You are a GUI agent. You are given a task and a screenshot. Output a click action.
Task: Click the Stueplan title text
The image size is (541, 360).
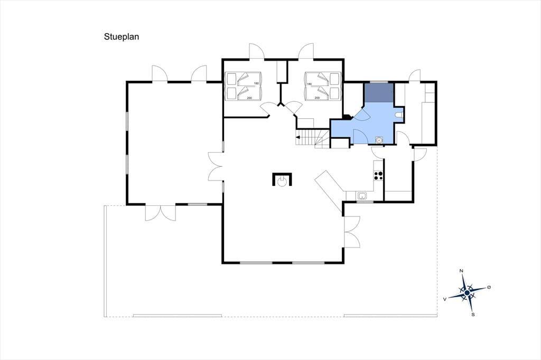pos(122,37)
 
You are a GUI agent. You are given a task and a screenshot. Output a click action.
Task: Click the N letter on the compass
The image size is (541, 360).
pos(461,271)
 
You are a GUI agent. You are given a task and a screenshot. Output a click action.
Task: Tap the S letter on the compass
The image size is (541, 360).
pos(473,315)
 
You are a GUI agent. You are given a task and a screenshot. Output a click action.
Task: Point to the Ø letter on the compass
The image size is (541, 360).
pos(489,287)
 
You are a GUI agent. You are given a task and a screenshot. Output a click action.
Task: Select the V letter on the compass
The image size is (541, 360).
pos(445,299)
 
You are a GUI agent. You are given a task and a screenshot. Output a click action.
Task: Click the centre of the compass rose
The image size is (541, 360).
pos(467,293)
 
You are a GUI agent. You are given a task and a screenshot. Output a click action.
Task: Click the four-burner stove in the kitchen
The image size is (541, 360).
pos(378,176)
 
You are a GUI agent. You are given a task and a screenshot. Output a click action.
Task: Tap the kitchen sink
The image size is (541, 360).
pos(362,196)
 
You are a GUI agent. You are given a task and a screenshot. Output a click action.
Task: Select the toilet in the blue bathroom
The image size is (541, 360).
pos(399,115)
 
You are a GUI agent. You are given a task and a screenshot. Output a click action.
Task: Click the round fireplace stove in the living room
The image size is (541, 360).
pos(283,182)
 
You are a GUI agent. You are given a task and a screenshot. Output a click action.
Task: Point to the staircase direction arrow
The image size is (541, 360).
pos(298,138)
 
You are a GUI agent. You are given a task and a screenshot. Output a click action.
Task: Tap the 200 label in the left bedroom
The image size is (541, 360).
pos(249,98)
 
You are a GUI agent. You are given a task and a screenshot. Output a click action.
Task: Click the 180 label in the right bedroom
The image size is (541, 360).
pos(309,84)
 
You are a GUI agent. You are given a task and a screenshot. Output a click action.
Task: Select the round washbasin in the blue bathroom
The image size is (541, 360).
pos(379,140)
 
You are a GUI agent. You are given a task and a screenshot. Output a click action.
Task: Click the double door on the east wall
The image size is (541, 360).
pos(352,231)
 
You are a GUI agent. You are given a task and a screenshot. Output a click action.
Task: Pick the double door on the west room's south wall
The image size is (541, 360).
pos(161,212)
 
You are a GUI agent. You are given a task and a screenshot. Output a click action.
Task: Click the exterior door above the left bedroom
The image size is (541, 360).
pos(256,52)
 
